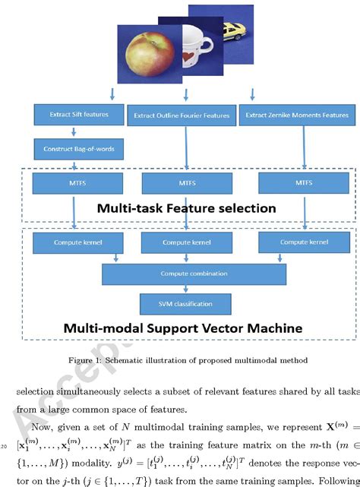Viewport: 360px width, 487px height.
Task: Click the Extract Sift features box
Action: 73,115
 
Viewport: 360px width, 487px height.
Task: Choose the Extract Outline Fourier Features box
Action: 182,115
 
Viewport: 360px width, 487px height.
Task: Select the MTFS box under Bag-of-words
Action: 73,183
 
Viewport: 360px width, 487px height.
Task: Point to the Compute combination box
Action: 194,274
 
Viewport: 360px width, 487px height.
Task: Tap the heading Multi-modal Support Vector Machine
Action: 182,329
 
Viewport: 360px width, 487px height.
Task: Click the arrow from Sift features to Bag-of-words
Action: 73,131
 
